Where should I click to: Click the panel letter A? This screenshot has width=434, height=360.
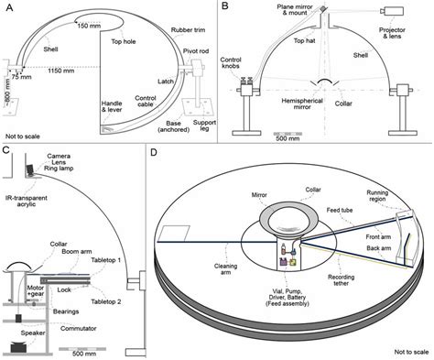pos(10,7)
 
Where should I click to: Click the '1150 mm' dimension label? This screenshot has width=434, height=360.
pos(61,71)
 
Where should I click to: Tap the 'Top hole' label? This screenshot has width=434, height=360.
pos(124,41)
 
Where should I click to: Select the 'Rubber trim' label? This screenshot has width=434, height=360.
pos(188,30)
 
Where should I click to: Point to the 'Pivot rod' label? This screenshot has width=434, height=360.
pos(196,51)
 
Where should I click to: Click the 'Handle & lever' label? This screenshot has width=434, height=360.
pos(112,106)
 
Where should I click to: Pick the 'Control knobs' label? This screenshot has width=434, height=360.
pos(231,63)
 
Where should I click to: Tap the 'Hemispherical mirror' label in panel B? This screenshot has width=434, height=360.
pos(302,104)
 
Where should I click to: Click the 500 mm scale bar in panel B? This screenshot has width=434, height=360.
pos(288,134)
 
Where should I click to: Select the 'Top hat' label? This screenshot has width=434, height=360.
pos(304,40)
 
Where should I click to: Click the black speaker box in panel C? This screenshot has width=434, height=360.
pos(18,348)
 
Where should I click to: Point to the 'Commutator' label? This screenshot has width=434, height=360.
pos(79,329)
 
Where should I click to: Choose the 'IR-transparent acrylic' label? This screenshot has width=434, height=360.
pos(27,201)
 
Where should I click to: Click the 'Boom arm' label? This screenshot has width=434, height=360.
pos(77,252)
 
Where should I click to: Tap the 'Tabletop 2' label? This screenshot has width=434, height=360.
pos(106,301)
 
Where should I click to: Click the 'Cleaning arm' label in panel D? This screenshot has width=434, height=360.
pos(225,269)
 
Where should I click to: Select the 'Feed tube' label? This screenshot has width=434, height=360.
pos(340,210)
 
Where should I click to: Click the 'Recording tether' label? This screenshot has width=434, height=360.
pos(342,280)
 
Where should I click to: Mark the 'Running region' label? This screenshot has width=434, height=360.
pos(377,196)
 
